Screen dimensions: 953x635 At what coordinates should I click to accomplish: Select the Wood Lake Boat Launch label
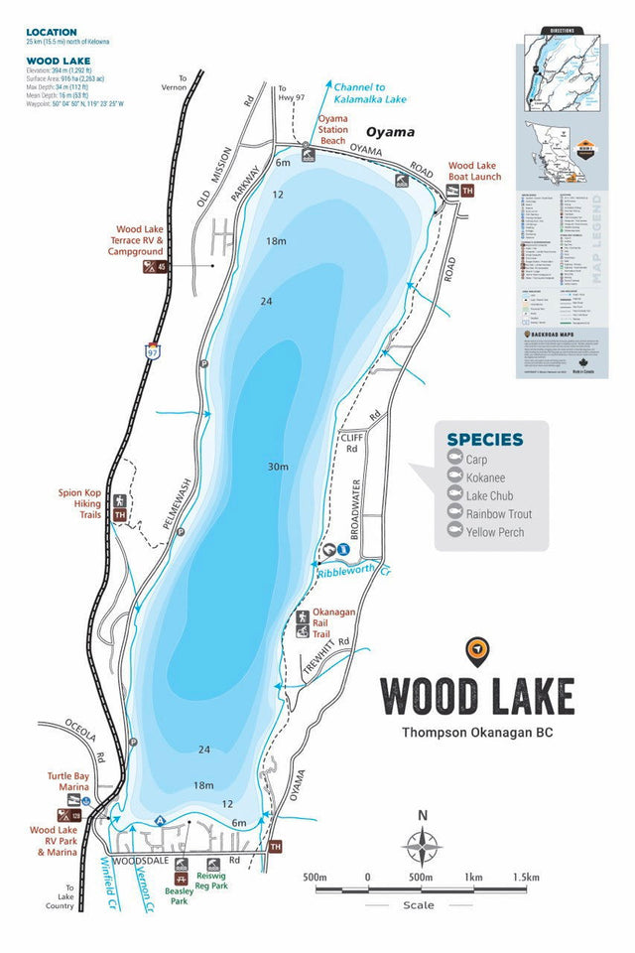pyautogui.click(x=474, y=171)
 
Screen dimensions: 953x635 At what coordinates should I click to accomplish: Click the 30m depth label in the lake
pyautogui.click(x=277, y=467)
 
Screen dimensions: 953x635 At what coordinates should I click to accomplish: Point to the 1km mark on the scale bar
pyautogui.click(x=473, y=878)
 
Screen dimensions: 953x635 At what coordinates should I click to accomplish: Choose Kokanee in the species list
pyautogui.click(x=485, y=477)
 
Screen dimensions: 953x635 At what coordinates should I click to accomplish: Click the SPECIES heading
pyautogui.click(x=484, y=440)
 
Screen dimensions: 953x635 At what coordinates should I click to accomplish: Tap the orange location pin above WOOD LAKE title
pyautogui.click(x=477, y=650)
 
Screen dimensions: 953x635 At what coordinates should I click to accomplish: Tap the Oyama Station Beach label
pyautogui.click(x=332, y=130)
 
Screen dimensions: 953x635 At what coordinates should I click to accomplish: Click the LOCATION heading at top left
pyautogui.click(x=51, y=32)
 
